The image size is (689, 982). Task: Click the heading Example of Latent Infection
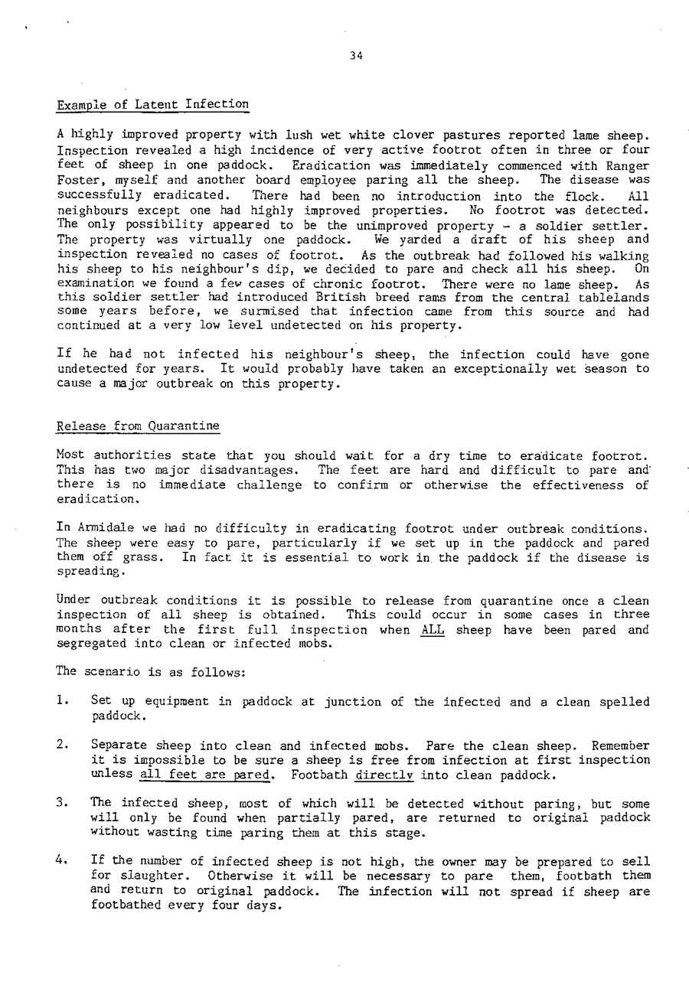153,104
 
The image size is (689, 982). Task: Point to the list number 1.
62,702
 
